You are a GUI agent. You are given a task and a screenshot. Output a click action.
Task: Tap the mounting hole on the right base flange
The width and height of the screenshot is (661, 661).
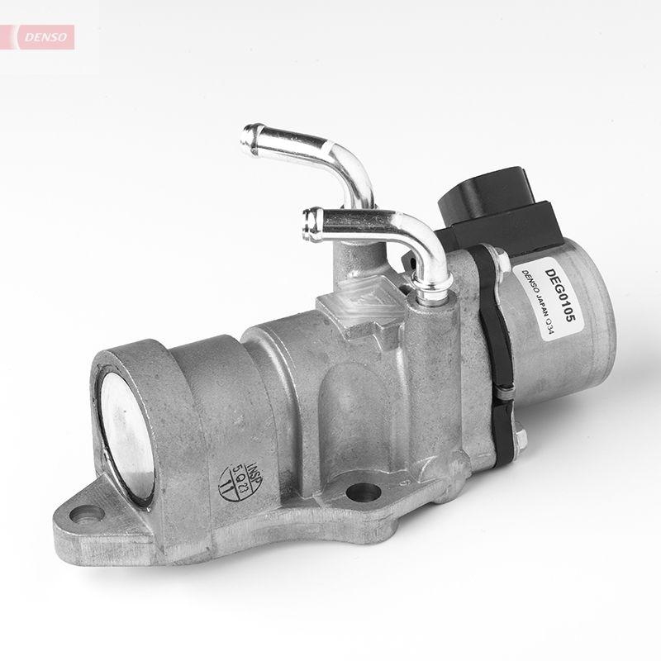tap(363, 494)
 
